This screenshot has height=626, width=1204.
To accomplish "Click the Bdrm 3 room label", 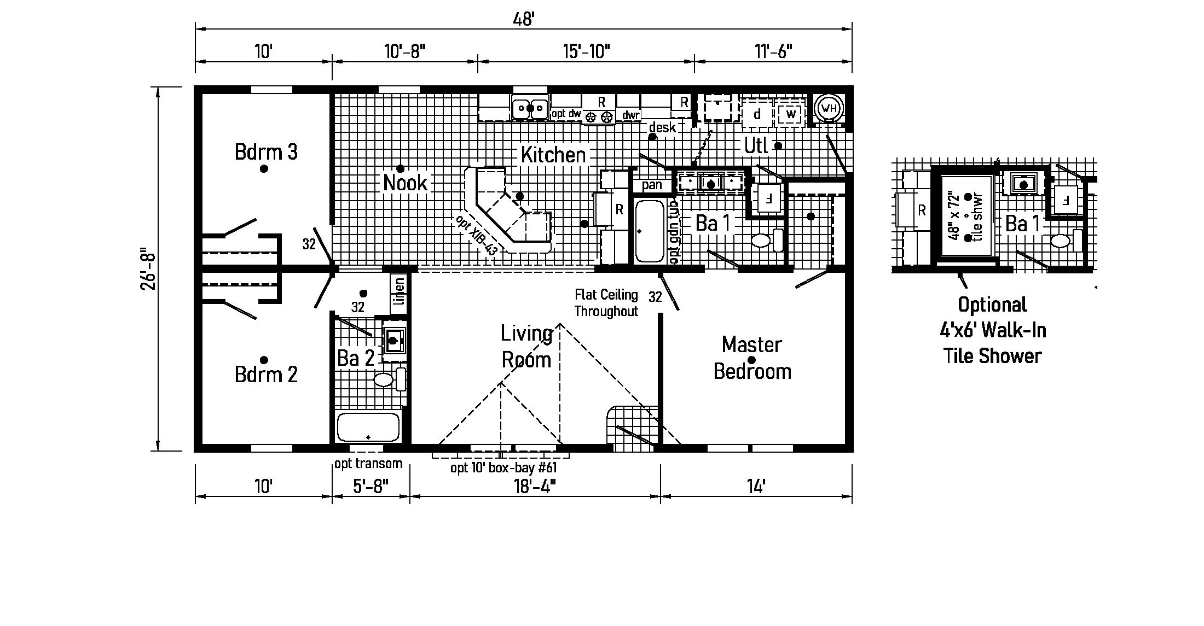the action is pos(266,152).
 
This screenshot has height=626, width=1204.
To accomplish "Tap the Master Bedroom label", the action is pos(752,358).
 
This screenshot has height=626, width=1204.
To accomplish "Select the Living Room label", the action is pos(526,347).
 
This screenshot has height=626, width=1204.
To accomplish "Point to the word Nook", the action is pos(405,183).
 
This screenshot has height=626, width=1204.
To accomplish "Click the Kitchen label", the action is pos(553,155).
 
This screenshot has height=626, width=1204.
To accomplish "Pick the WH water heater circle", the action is pos(830,108).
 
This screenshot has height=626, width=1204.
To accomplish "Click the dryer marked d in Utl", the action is pos(757,114).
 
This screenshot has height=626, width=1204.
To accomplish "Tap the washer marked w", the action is pos(790,114).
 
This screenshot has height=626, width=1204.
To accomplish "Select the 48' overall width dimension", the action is pos(523,20).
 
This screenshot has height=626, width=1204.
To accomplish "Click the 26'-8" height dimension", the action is pos(149,271).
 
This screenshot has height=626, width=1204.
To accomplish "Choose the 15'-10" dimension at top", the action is pos(586,51).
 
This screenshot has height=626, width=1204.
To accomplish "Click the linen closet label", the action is pos(400,291).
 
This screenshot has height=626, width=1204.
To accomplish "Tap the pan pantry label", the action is pos(652,185).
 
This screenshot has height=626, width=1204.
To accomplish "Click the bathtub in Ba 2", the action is pos(368,427).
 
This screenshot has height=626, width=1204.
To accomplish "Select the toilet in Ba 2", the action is pos(389,379).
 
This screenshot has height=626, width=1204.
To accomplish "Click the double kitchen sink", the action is pos(530,108).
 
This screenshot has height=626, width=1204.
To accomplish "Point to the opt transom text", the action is pos(368,464).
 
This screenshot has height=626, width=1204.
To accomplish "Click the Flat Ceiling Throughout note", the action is pos(606,303).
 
